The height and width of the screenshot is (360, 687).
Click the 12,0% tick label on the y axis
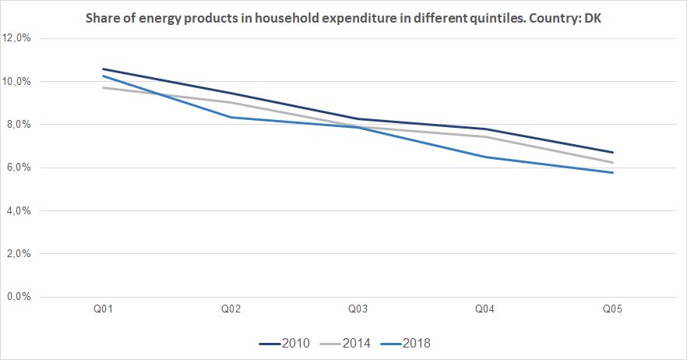click(x=16, y=38)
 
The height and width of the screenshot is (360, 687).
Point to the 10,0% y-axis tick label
click(x=16, y=81)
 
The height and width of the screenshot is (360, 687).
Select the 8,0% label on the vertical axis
click(x=19, y=125)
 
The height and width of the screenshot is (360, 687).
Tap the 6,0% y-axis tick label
click(x=19, y=168)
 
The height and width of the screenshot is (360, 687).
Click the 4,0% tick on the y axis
click(x=19, y=210)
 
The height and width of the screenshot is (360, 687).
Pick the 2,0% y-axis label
click(x=19, y=254)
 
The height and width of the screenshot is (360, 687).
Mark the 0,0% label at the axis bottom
click(x=19, y=297)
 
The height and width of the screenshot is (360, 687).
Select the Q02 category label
click(x=231, y=310)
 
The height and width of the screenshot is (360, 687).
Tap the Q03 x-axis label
click(x=358, y=310)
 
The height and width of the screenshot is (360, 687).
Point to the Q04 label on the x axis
click(x=485, y=310)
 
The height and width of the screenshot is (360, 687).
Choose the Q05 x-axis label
click(x=613, y=310)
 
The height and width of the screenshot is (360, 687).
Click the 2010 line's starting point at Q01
click(x=103, y=69)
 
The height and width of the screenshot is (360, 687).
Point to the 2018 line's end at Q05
click(x=613, y=172)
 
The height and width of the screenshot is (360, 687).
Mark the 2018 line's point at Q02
click(x=231, y=117)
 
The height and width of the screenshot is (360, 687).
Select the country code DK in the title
click(x=593, y=18)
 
